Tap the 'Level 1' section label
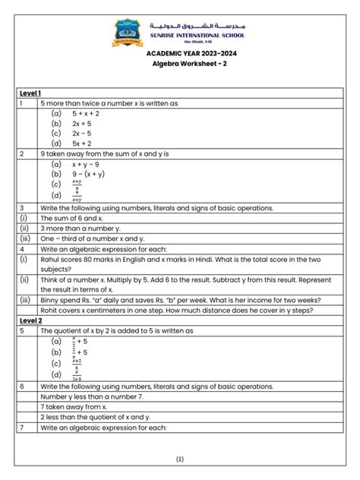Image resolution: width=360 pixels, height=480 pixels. pos(31,93)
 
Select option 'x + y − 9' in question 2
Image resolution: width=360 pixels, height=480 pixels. pos(86,163)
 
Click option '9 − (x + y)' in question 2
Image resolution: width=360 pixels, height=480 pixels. pos(88,173)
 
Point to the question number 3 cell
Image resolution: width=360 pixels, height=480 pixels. pos(23,207)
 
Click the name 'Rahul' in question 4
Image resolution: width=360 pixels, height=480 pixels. pos(52,258)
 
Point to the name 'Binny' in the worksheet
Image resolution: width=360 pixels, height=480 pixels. pos(52,299)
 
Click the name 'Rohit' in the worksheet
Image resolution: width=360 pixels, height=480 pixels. pos(51,310)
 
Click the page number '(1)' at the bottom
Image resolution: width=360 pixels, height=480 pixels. pos(180,459)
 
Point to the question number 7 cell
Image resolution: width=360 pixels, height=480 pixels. pos(23,428)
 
